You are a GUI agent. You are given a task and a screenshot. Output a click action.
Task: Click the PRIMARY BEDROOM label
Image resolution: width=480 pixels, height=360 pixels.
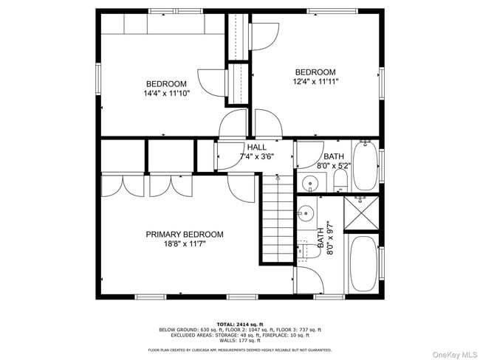[x=184, y=235]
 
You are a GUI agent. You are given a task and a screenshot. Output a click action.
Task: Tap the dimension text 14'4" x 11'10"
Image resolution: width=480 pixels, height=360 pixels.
[x=165, y=94]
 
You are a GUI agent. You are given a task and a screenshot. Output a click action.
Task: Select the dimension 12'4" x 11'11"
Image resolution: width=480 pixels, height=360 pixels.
[x=315, y=82]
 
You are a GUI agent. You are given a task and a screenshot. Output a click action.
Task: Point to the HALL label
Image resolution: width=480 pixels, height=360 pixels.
[x=257, y=148]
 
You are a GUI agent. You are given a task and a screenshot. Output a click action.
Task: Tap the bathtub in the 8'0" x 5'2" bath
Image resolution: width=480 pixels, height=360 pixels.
[x=365, y=166]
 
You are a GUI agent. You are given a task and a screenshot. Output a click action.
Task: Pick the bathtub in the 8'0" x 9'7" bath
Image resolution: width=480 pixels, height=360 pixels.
[x=363, y=264]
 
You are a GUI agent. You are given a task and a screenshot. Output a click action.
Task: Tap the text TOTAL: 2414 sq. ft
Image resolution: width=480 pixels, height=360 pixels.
[x=240, y=324]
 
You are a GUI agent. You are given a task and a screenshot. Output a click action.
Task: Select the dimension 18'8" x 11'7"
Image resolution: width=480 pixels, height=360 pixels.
[x=184, y=244]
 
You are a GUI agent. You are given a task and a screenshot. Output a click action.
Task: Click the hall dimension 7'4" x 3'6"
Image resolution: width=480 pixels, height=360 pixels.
[x=257, y=157]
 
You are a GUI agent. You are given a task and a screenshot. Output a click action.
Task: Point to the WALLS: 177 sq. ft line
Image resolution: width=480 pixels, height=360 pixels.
[x=240, y=340]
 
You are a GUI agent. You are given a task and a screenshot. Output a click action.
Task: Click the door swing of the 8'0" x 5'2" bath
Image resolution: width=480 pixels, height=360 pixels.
[x=305, y=155]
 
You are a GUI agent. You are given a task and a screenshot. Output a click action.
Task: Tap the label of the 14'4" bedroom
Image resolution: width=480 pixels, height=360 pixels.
[x=165, y=84]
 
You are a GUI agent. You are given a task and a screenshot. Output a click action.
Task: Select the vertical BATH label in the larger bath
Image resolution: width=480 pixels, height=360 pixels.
[x=320, y=238]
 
